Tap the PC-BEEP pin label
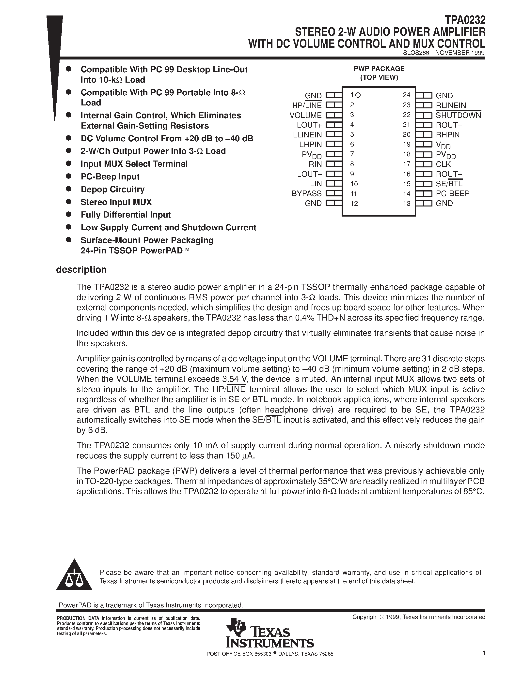point(452,193)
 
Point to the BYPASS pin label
point(306,193)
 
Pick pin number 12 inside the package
point(354,203)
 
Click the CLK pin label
point(443,164)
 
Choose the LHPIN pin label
point(310,145)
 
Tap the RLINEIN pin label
point(450,105)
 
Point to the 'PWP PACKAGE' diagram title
point(379,69)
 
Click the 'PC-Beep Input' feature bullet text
point(110,177)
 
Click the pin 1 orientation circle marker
point(358,95)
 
